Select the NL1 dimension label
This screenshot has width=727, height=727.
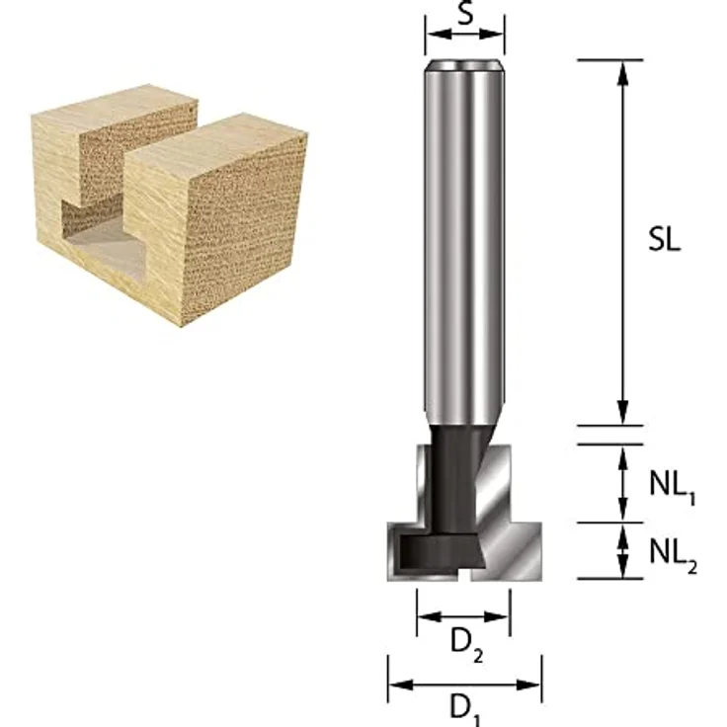tap(673, 486)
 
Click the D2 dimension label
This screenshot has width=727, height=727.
tap(466, 643)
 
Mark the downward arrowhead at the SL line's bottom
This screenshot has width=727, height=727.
tap(623, 414)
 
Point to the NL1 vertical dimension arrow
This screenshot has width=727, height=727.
tap(623, 484)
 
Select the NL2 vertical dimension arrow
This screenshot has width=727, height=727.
tap(623, 550)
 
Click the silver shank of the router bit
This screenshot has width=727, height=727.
tap(464, 247)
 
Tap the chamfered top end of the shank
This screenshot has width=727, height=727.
tap(464, 66)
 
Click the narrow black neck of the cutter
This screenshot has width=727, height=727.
tap(456, 474)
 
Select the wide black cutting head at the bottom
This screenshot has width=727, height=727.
tap(444, 547)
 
